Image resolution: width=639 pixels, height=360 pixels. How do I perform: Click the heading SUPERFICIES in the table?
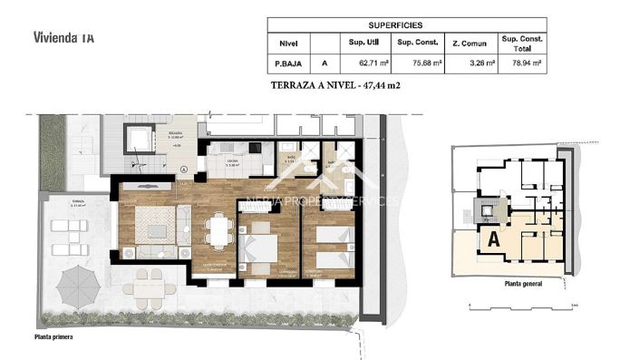[405, 25]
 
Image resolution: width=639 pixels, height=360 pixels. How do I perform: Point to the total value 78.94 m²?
[523, 63]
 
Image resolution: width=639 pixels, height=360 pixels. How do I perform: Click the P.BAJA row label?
[288, 63]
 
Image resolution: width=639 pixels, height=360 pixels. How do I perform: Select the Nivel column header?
[288, 43]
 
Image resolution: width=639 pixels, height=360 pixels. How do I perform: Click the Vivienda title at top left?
[63, 38]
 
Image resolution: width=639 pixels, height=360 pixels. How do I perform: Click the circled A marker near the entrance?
[184, 170]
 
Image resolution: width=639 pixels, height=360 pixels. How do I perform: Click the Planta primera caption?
[53, 336]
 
